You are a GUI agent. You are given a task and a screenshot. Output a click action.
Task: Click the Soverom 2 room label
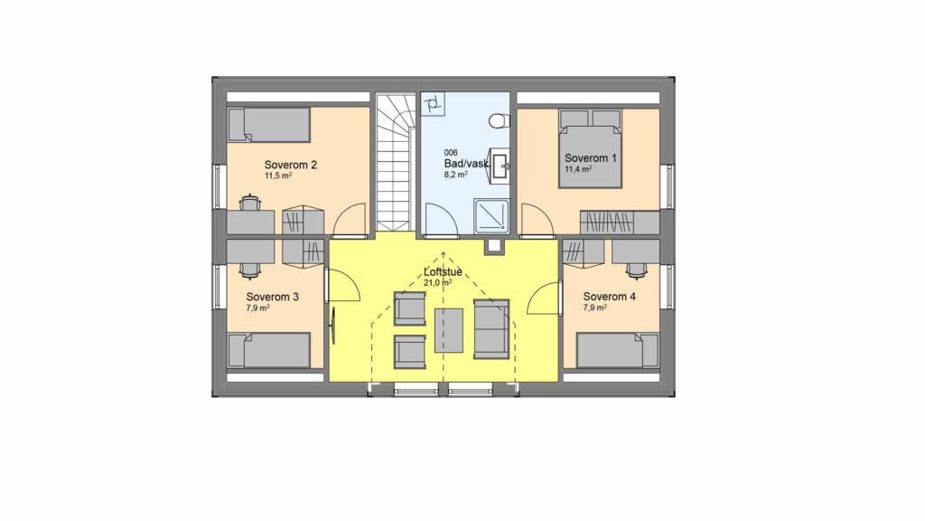coord(290,165)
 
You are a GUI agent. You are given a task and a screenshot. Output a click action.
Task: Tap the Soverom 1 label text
coord(591,157)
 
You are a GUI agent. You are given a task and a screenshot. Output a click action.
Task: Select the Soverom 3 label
coord(273,297)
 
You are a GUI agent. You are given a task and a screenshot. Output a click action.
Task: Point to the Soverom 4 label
coord(610,297)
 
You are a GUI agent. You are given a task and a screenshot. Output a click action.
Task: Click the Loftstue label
coord(443,272)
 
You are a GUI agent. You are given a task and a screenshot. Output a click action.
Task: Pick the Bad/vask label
coord(466,163)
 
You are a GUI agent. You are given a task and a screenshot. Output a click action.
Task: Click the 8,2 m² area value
coord(456,175)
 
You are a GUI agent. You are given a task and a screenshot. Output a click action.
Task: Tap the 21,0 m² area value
coord(438,283)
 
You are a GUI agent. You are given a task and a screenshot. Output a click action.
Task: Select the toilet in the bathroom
coord(499,121)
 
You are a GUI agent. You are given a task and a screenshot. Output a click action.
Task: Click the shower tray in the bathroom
coord(491,215)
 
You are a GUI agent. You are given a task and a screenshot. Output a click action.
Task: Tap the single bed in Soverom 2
coord(269,125)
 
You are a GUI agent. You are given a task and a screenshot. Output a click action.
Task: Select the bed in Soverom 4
coord(618,350)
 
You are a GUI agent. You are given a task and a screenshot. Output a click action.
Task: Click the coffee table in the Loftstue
coord(449,331)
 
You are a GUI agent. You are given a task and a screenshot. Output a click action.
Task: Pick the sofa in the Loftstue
coord(491,329)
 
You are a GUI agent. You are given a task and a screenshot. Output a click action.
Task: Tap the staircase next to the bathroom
coord(394,162)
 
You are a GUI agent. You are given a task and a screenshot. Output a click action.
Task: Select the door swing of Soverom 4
coord(544,298)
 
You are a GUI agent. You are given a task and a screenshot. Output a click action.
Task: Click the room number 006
coord(451,152)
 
